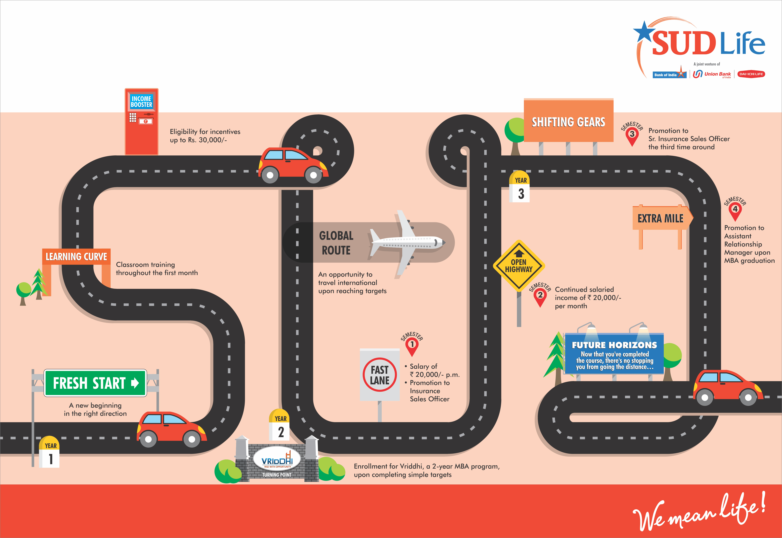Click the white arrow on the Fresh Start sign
(135, 383)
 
